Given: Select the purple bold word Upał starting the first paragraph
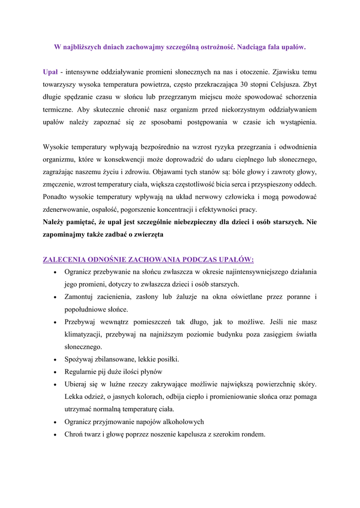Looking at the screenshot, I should [51, 72].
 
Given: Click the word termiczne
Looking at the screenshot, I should [59, 109].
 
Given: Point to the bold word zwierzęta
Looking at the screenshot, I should [148, 234].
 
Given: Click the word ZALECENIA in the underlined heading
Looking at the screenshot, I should [64, 259].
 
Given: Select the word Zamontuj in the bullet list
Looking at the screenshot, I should [79, 297].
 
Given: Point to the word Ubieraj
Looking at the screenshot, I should [77, 384].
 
